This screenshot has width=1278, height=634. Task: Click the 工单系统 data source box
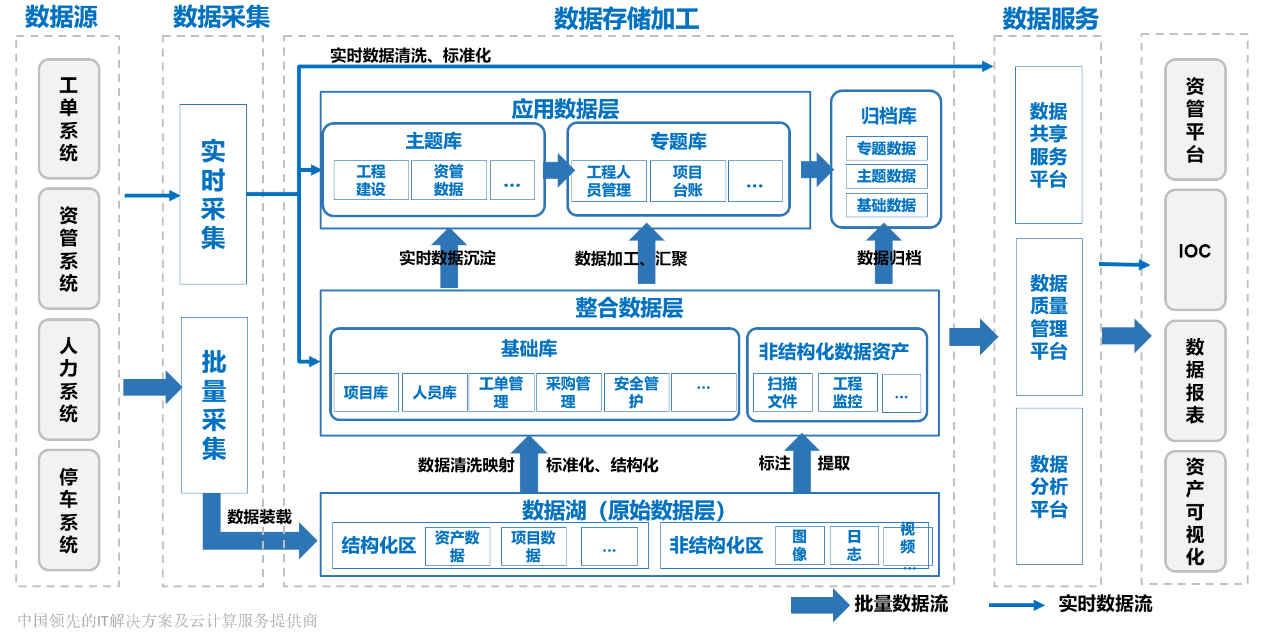68,119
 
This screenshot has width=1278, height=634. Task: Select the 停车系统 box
68,509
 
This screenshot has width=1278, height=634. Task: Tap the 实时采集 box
213,194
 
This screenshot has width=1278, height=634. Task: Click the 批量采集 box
214,405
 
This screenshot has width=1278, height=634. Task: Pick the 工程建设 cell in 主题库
371,180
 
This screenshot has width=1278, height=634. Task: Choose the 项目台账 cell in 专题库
687,181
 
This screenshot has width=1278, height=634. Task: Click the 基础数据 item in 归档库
886,205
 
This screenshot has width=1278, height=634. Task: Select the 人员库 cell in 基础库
434,392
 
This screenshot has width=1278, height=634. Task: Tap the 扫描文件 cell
783,392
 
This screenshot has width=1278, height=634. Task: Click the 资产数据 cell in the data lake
457,546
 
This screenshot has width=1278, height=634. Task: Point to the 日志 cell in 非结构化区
854,545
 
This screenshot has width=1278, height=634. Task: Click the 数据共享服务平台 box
1048,145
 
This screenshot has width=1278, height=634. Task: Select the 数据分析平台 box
1048,486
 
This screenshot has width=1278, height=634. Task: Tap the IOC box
1194,251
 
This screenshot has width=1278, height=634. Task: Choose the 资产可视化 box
1194,511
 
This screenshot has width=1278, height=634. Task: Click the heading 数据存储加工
626,19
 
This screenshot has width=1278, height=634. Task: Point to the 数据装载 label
260,516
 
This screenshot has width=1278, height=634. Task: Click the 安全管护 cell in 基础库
636,392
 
